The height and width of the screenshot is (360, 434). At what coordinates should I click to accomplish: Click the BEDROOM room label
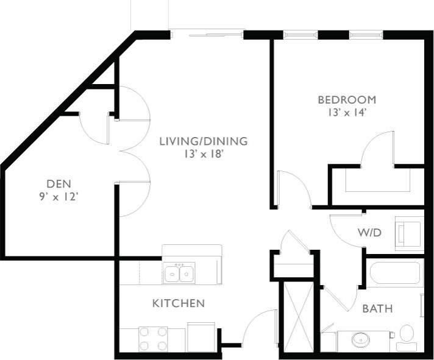click(x=347, y=99)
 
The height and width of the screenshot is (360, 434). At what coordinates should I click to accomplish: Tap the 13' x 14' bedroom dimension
click(x=347, y=112)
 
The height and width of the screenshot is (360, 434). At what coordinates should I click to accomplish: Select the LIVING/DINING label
click(x=203, y=141)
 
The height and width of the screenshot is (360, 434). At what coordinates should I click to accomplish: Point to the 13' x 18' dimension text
click(x=203, y=154)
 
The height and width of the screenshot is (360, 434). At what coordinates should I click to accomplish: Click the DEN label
click(x=59, y=183)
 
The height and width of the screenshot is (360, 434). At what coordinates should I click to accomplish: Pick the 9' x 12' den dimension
click(x=59, y=196)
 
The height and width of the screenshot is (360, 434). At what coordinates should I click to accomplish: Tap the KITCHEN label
click(x=178, y=303)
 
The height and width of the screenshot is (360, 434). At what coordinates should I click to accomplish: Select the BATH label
click(x=377, y=309)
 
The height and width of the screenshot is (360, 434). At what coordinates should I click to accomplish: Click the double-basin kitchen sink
click(x=179, y=274)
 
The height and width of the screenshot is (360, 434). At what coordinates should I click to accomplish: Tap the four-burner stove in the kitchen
click(x=153, y=339)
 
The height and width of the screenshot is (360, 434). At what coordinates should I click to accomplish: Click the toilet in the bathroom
click(x=406, y=337)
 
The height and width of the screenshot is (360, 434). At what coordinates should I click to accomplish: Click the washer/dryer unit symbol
click(x=408, y=233)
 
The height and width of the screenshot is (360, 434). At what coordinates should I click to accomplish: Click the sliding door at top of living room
click(x=207, y=35)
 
